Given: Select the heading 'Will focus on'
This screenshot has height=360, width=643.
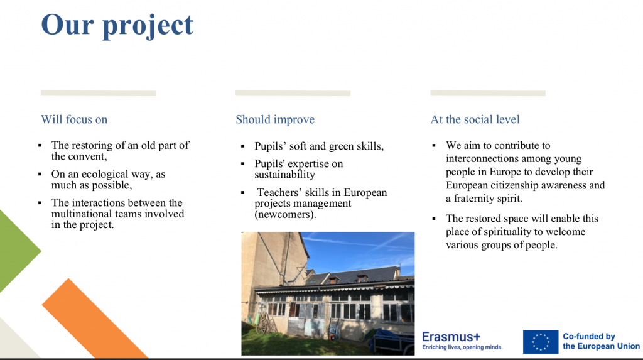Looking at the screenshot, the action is click(74, 119).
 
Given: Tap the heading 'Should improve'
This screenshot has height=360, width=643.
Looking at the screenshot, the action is click(275, 119).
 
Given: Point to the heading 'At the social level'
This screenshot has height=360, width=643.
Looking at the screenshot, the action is click(475, 119).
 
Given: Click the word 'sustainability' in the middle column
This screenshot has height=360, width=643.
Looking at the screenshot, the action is click(284, 175).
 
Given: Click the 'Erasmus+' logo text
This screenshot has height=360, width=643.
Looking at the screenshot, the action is click(451, 337).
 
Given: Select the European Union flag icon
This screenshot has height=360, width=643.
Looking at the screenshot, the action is click(541, 342).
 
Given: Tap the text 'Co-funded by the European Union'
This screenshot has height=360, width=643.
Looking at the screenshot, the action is click(601, 341).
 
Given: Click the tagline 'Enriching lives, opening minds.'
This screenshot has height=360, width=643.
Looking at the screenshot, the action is click(463, 347).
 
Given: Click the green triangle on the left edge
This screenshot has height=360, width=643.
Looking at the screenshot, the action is click(16, 251).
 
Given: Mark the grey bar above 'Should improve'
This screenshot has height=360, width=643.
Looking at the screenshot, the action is click(293, 94).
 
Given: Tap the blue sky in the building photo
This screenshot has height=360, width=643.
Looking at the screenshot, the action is click(361, 251).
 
